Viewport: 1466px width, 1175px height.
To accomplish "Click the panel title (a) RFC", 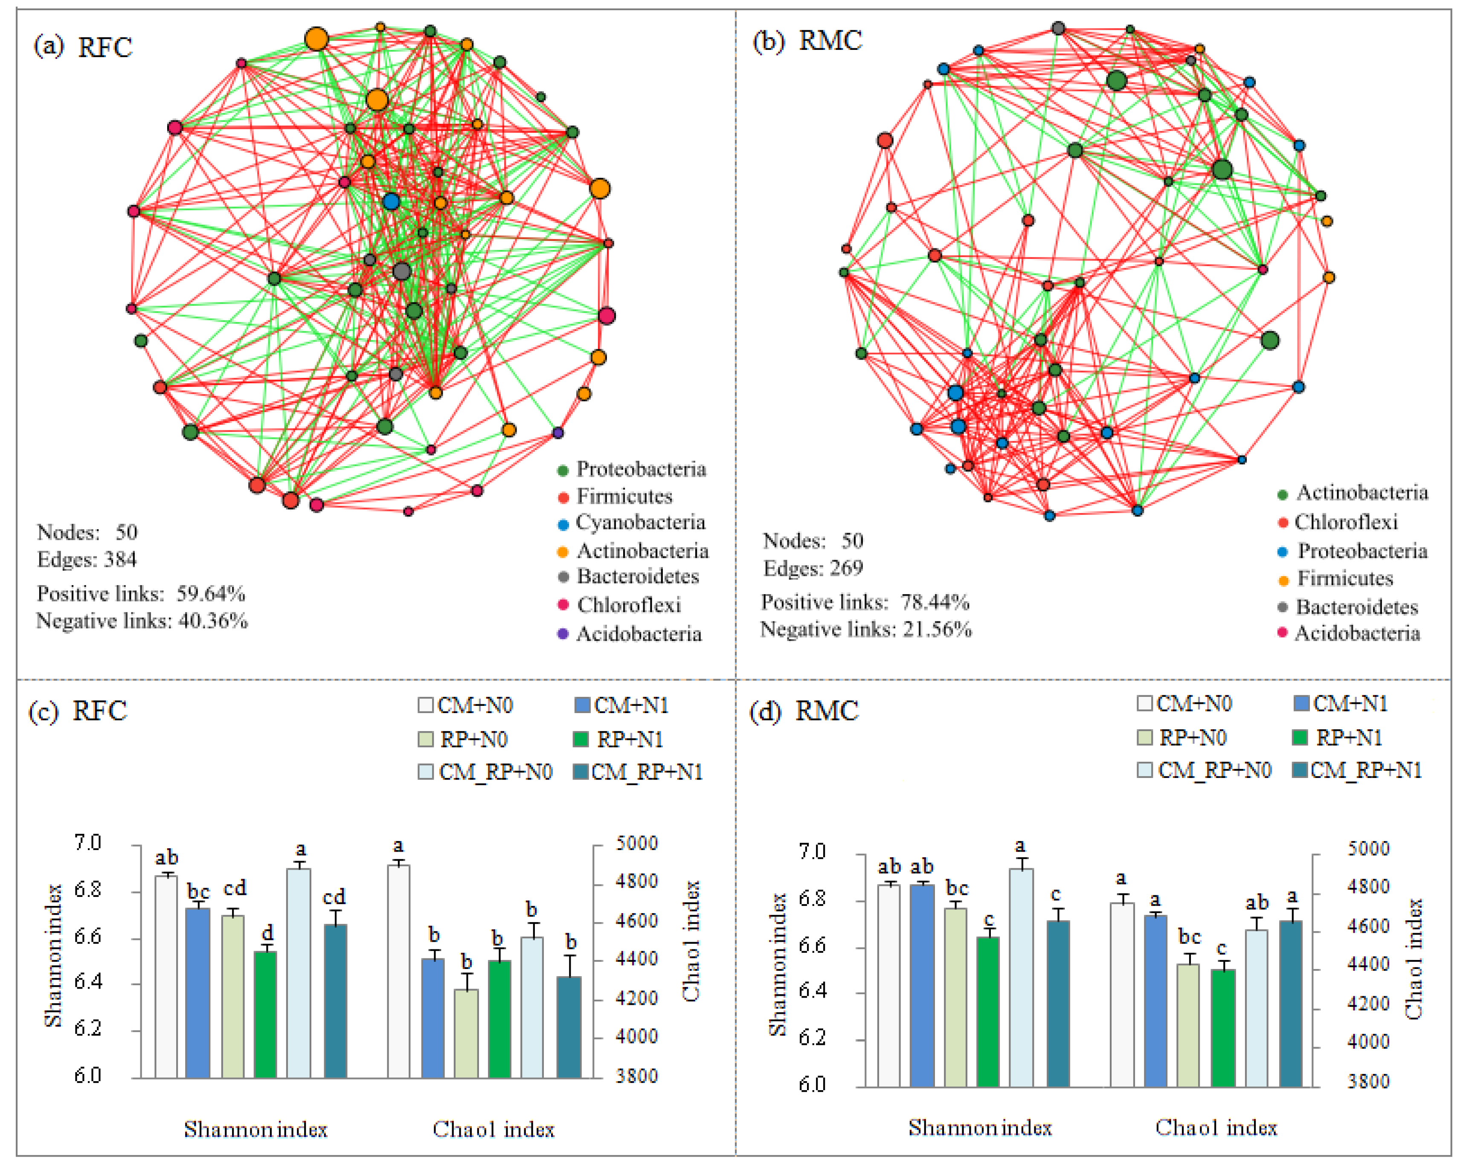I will pos(83,47).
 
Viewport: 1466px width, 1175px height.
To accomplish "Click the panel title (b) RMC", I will pos(807,41).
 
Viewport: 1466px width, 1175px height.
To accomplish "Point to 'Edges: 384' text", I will pos(87,560).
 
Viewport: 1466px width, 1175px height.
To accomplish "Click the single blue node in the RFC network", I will pos(390,201).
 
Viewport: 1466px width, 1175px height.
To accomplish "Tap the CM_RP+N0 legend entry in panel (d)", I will pos(1204,770).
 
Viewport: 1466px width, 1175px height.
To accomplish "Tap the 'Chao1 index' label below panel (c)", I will pos(494,1129).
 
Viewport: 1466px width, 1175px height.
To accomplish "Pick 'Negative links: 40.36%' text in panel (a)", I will pos(142,621).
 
